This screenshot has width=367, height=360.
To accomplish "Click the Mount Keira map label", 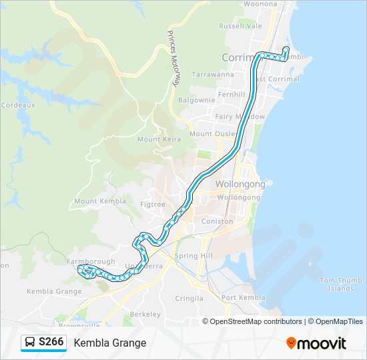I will tap(157, 139).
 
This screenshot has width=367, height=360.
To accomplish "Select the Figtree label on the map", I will tap(153, 205).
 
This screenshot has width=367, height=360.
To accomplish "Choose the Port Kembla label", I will tap(243, 297).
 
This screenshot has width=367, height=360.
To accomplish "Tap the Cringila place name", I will tap(188, 298).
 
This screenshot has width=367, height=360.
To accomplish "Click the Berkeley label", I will tap(145, 314).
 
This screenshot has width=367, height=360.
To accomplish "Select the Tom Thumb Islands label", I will tap(340, 285).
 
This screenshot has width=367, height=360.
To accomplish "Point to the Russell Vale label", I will tap(240, 27).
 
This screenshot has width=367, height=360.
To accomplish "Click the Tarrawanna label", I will tap(213, 75).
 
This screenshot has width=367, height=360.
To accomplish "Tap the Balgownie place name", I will tap(196, 100).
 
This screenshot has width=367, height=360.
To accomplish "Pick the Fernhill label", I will tap(232, 95).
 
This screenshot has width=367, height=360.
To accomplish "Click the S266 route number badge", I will tap(51, 343).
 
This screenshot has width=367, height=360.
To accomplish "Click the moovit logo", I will tap(316, 343).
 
